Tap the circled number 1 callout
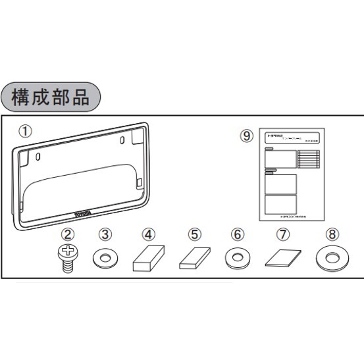[x=24, y=131]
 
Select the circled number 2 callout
[x=68, y=234]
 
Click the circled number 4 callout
[x=149, y=234]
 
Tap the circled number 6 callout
[x=238, y=234]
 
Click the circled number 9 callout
[x=246, y=136]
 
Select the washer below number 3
[x=105, y=257]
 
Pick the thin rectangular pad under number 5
[x=194, y=261]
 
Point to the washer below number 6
[x=238, y=257]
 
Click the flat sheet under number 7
[x=282, y=258]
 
